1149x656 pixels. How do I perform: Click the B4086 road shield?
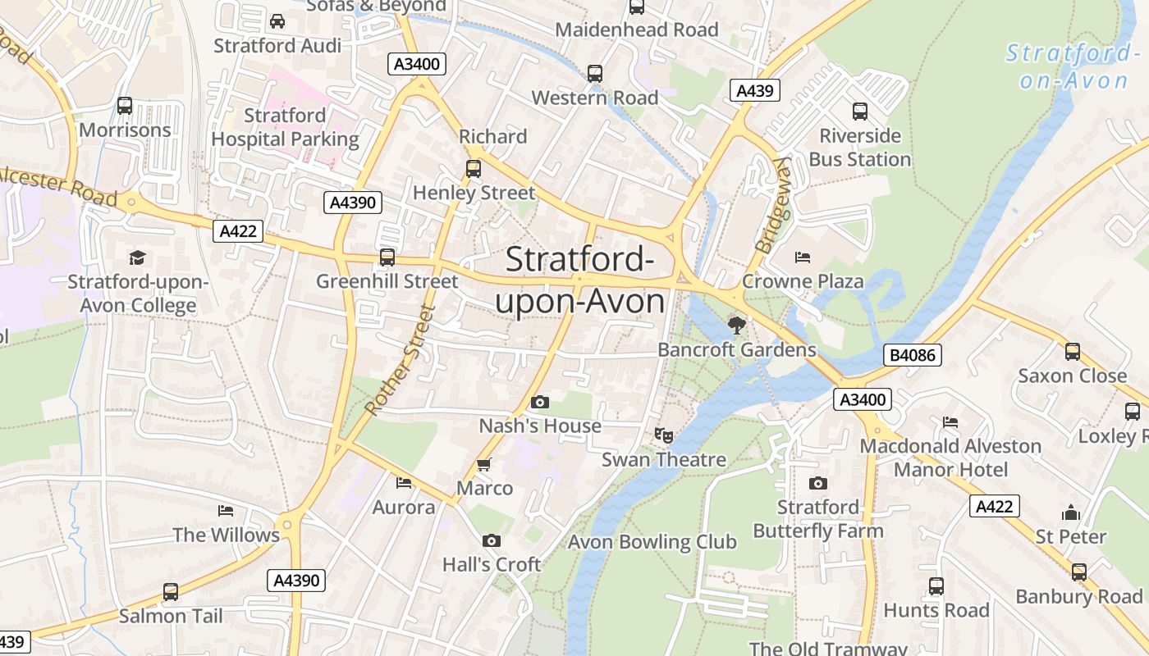(x=913, y=355)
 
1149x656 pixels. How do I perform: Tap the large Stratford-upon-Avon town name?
(x=579, y=280)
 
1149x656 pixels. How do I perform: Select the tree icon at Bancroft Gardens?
(x=737, y=326)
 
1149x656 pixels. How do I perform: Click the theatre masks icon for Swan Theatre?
(x=663, y=435)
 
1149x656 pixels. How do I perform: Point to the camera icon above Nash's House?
(x=539, y=402)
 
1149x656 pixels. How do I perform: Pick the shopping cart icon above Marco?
(x=484, y=464)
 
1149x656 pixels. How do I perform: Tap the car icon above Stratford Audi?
(x=277, y=21)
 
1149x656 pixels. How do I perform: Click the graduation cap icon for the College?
(x=137, y=257)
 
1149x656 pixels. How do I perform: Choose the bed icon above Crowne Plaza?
(x=803, y=257)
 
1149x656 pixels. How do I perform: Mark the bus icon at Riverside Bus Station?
(x=859, y=112)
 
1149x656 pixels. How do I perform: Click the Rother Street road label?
(x=399, y=360)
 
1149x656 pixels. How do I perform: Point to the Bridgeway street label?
(x=772, y=205)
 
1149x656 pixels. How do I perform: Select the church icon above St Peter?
(x=1070, y=512)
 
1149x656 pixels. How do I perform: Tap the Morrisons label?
(x=125, y=130)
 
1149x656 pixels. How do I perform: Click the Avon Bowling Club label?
(x=652, y=542)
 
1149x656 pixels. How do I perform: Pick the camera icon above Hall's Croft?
(x=491, y=540)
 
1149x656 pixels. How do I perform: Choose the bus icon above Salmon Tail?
(x=170, y=591)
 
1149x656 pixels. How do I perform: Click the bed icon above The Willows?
(x=226, y=511)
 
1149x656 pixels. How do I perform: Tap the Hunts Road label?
(x=936, y=610)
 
